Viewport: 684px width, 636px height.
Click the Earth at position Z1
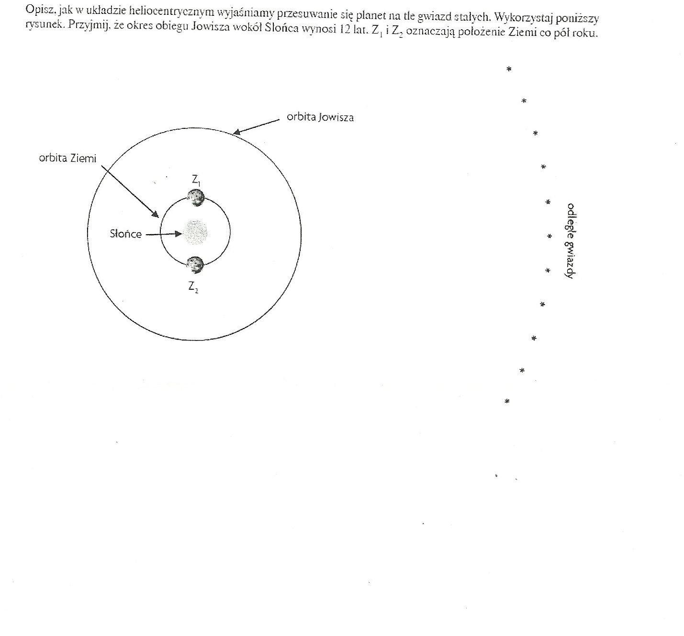(196, 197)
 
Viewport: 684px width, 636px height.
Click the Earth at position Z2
(195, 264)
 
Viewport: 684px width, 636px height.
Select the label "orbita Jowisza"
(320, 117)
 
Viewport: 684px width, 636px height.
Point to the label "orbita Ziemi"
(67, 159)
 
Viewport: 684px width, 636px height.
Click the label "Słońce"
(125, 234)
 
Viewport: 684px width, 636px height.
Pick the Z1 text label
(195, 181)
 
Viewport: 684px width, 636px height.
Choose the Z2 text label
(193, 287)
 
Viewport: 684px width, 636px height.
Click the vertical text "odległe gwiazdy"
(570, 241)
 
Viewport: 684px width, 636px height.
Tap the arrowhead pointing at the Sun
(179, 234)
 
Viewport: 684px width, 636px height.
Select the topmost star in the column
(509, 69)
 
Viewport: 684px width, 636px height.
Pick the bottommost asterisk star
(507, 402)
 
